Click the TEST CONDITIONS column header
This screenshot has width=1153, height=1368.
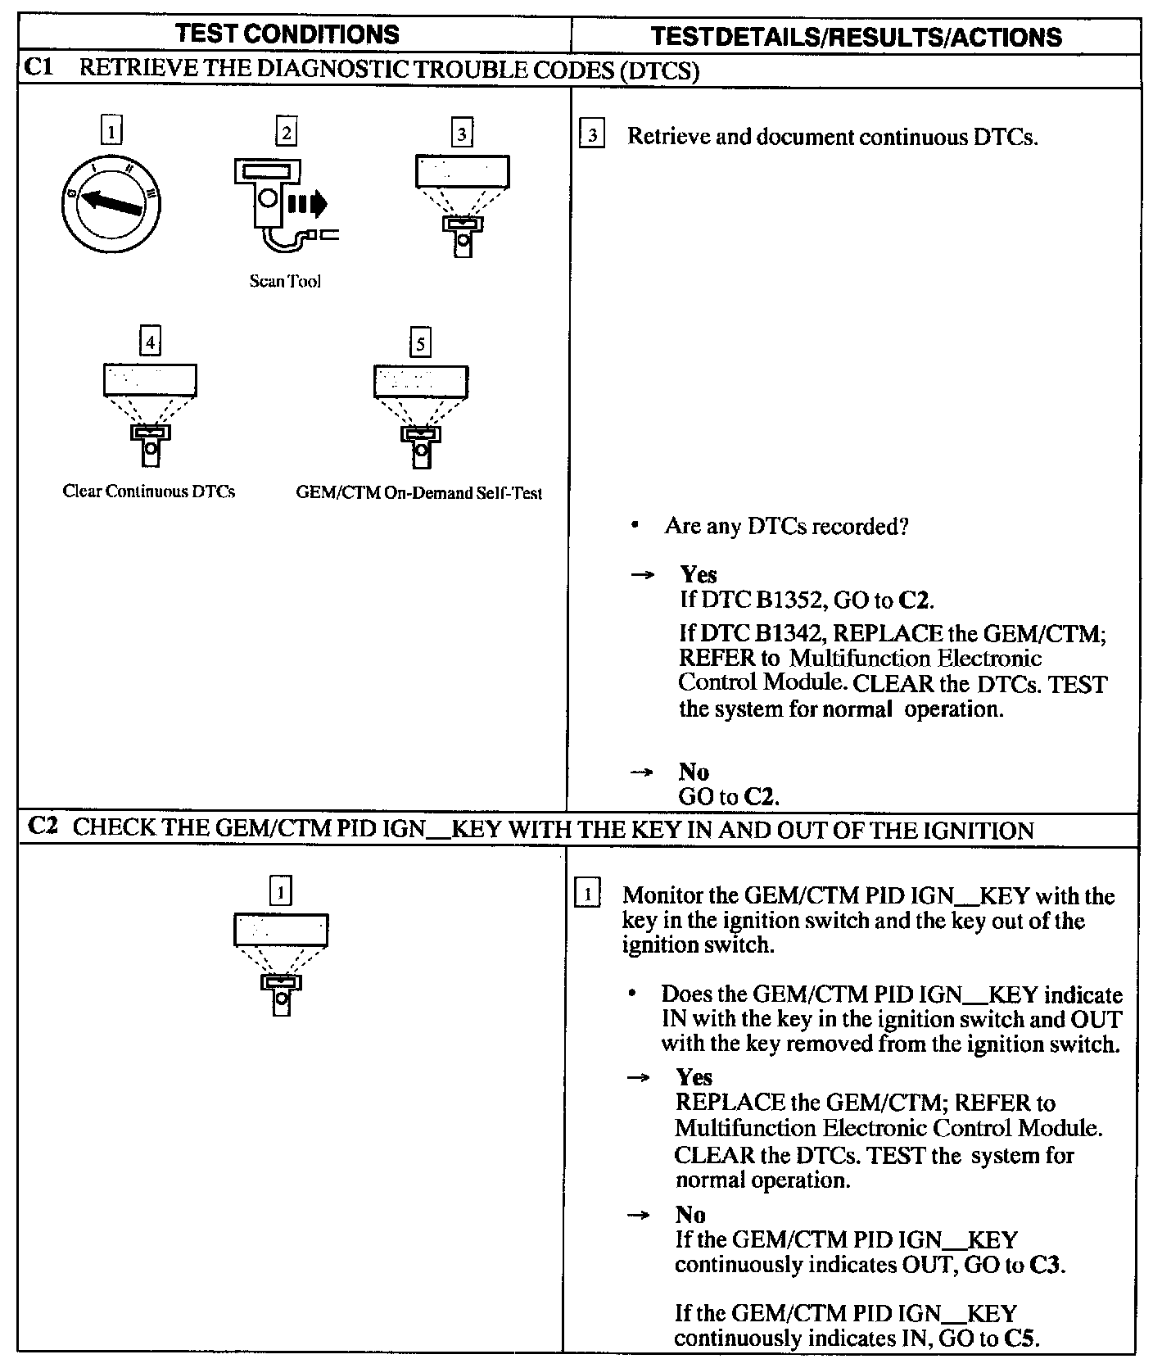pos(287,34)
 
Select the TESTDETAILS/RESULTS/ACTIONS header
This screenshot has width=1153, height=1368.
pos(856,37)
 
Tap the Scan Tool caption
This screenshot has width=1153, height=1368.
pos(284,281)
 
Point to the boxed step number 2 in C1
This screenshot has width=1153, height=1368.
pos(286,132)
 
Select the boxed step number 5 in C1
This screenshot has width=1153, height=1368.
pos(420,342)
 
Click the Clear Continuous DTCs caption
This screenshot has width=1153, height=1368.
pos(149,491)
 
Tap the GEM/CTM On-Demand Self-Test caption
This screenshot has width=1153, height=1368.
pos(418,493)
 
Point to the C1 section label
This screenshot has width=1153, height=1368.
pos(38,68)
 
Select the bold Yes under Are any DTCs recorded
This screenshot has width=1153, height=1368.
pos(698,575)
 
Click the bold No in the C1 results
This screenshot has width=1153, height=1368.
pos(694,772)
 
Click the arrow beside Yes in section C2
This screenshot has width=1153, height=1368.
pos(638,1078)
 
